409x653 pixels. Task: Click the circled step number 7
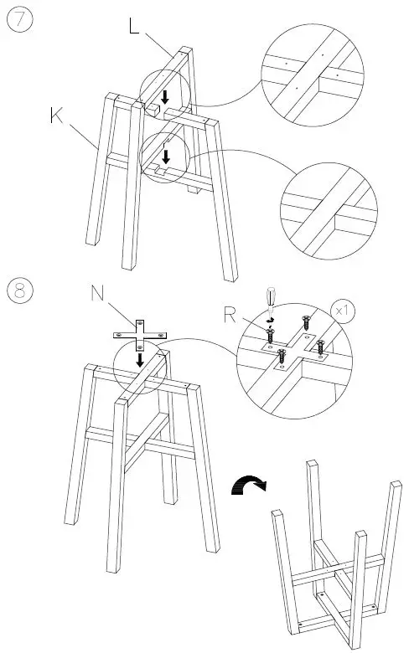[20, 21]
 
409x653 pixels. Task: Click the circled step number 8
[20, 291]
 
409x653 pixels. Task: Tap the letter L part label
[135, 25]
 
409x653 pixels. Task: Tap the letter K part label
[56, 116]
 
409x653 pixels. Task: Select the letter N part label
[99, 294]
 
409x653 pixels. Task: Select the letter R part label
[230, 316]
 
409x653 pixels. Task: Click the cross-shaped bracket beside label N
[141, 332]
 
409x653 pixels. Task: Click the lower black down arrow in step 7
[166, 156]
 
